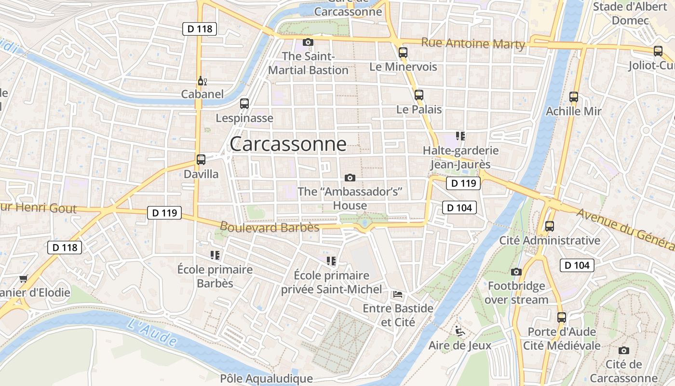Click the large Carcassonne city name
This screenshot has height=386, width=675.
[x=288, y=144]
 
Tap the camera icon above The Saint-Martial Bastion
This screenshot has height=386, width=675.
[x=308, y=42]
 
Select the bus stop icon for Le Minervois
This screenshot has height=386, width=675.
[x=403, y=53]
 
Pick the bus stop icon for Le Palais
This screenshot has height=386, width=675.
[x=418, y=95]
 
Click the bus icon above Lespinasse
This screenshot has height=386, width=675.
[x=244, y=103]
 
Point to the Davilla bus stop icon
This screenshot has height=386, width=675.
[x=201, y=160]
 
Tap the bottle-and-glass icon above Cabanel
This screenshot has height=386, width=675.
[x=202, y=81]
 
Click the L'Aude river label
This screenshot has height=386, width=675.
[x=152, y=331]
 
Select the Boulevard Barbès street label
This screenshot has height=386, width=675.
[x=270, y=227]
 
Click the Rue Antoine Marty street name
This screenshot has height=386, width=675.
[x=473, y=43]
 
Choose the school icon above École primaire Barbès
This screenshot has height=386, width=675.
[x=215, y=255]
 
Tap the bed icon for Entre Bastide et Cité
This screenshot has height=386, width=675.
[x=398, y=294]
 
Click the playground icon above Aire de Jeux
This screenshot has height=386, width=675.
[x=459, y=331]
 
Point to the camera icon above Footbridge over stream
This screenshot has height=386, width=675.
[x=516, y=272]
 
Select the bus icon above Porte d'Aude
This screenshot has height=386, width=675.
[x=562, y=317]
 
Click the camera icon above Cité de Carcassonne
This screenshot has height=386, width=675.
[x=624, y=350]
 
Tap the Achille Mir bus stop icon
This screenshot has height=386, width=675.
[x=573, y=97]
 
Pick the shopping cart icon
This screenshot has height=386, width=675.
[x=23, y=278]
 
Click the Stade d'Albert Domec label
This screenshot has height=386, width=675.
[x=630, y=14]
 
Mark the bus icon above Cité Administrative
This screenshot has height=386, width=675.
[x=549, y=226]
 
